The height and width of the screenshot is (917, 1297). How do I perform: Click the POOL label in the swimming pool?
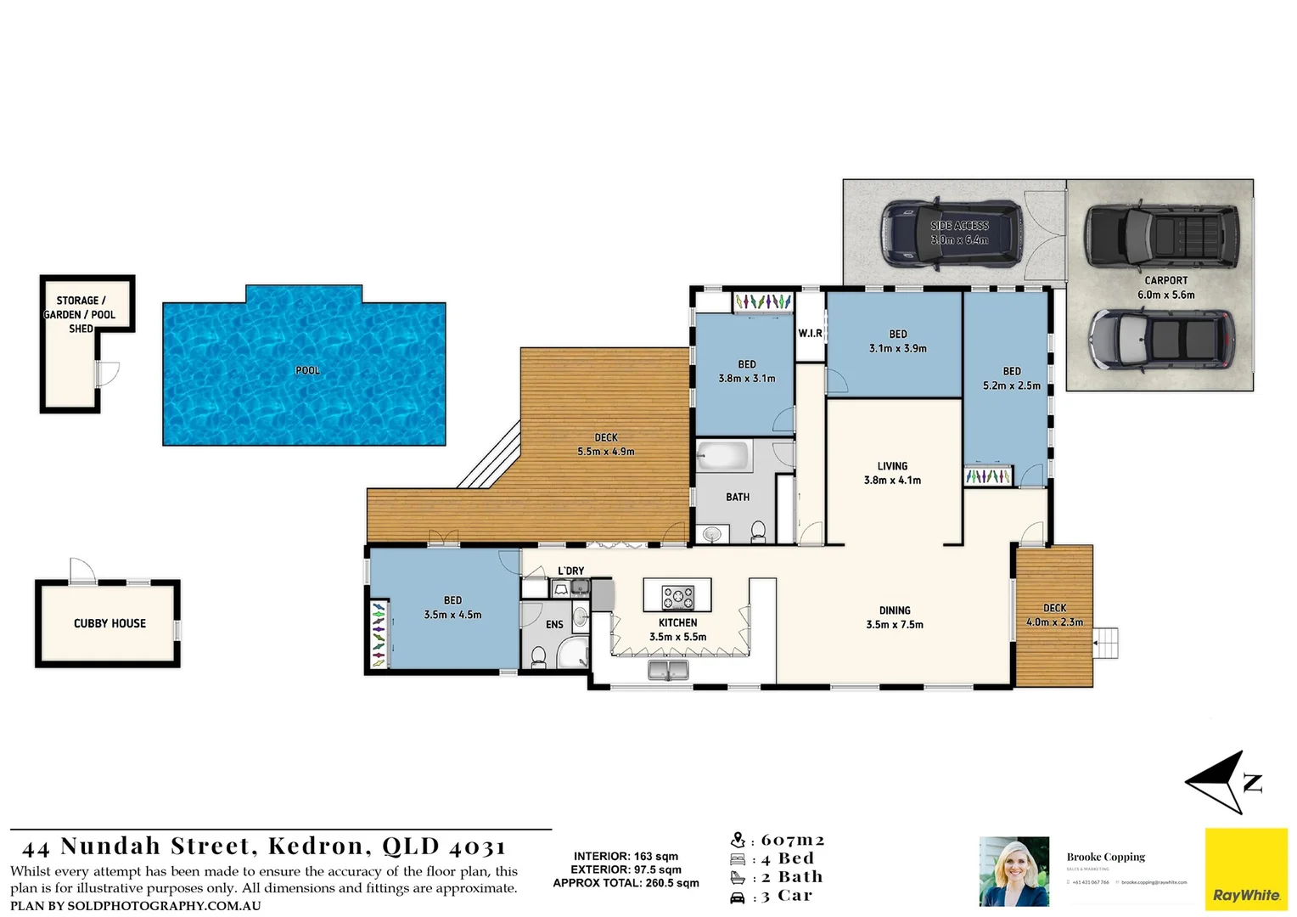[x=307, y=370]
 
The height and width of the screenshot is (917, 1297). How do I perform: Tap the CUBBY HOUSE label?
[x=109, y=623]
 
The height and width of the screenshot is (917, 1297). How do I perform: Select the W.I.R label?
[x=810, y=334]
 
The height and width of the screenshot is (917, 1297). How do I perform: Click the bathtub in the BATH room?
[x=724, y=456]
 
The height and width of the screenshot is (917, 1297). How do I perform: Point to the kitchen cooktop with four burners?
[x=677, y=597]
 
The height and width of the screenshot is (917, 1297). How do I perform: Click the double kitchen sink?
[x=668, y=671]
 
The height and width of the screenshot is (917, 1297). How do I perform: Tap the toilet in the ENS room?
[x=538, y=657]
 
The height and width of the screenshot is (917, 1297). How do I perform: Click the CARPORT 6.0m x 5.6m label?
[x=1165, y=287]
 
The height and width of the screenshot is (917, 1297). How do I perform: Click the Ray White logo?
[x=1246, y=869]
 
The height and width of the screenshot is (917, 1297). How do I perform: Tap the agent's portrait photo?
[x=1014, y=871]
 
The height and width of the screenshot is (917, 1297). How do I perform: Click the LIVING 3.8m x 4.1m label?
[x=892, y=473]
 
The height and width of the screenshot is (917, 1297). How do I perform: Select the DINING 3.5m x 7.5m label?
[x=895, y=617]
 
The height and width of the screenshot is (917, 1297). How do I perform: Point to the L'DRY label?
[x=570, y=571]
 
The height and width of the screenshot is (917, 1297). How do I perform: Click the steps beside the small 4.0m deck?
[x=1105, y=643]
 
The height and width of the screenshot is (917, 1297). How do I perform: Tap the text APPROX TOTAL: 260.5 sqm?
[x=626, y=883]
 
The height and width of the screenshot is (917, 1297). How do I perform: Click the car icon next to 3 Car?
[x=738, y=897]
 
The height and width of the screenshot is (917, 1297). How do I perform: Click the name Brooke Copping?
[x=1105, y=857]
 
